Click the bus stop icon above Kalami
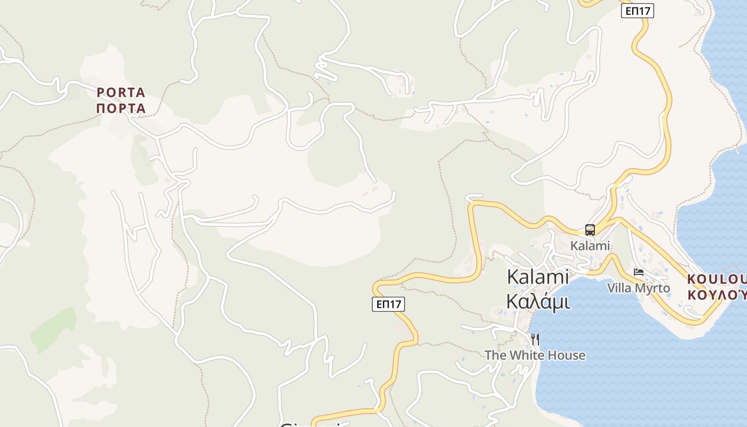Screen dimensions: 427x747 (x=590, y=230)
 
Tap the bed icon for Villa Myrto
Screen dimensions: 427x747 (x=638, y=272)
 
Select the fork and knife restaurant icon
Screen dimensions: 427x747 (x=535, y=339)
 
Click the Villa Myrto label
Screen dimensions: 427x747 (x=638, y=288)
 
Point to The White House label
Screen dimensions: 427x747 (x=535, y=355)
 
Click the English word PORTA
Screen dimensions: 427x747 (x=121, y=92)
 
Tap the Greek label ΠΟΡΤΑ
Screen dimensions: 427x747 (x=121, y=108)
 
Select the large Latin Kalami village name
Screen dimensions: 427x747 (x=538, y=277)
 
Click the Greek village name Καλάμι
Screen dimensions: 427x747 (x=538, y=302)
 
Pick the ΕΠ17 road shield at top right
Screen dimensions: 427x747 (x=637, y=11)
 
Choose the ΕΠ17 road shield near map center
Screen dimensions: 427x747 (x=388, y=304)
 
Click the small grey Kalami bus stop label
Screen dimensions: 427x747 (x=590, y=246)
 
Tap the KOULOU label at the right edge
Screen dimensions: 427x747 (x=716, y=279)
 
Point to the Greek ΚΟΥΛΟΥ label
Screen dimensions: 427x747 (x=716, y=295)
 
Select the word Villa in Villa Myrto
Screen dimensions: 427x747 (x=619, y=288)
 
